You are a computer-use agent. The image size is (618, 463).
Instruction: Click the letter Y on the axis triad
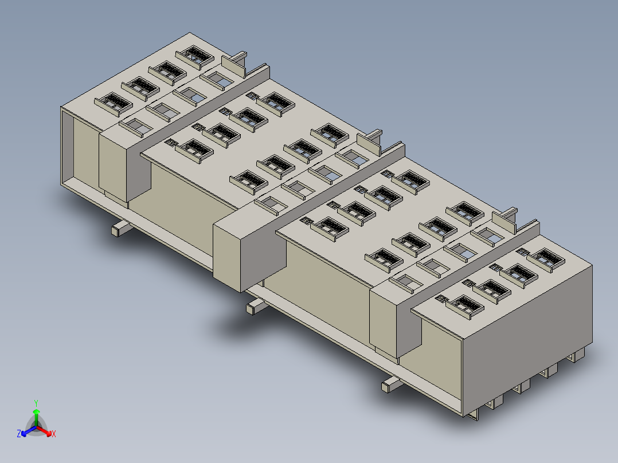(x=36, y=403)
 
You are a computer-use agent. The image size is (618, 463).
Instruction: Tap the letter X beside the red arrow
(x=54, y=434)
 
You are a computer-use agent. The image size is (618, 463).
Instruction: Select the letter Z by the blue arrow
(x=19, y=433)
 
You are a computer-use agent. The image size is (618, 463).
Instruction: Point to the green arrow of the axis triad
(x=36, y=417)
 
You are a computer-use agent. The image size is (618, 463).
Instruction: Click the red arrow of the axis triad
(x=44, y=430)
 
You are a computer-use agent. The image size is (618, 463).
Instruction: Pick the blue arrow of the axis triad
(x=29, y=431)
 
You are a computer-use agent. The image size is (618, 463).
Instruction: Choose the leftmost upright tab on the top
(x=234, y=65)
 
